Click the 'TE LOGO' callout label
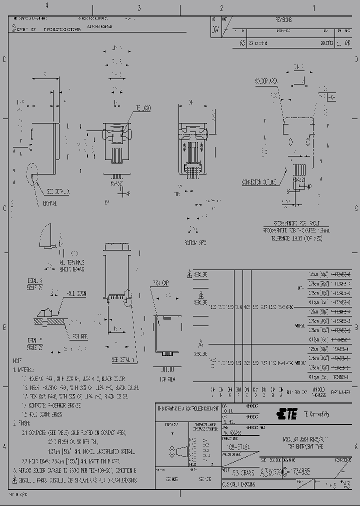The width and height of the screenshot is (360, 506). [143, 108]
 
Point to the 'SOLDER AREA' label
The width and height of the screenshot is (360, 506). [267, 80]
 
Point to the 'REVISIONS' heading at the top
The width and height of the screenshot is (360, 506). [283, 20]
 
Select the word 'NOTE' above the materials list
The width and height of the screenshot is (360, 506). [17, 360]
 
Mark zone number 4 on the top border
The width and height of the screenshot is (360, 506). [46, 5]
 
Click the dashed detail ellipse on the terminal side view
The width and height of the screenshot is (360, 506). [32, 170]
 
